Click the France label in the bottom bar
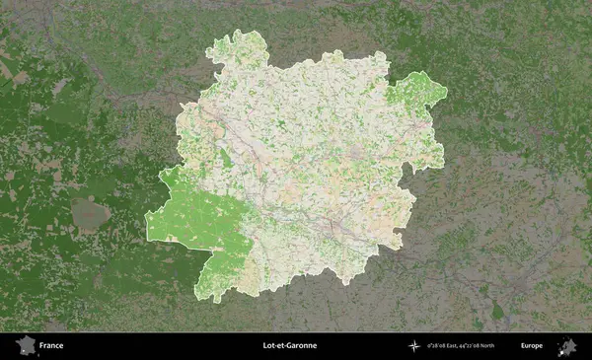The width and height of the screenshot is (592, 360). coord(52,346)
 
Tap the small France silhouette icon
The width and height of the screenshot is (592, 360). coord(24,346)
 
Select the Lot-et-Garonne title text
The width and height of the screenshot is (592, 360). coord(290,346)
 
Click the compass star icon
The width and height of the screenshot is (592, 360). coord(413,346)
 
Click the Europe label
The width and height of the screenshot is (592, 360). coord(532,346)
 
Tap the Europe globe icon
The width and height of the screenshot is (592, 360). coord(567,346)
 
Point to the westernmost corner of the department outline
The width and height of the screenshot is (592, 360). coord(146,237)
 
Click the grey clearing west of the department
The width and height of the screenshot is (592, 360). coord(89,212)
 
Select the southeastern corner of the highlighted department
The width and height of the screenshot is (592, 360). coord(400,245)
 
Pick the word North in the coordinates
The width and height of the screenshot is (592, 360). coord(502,346)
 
